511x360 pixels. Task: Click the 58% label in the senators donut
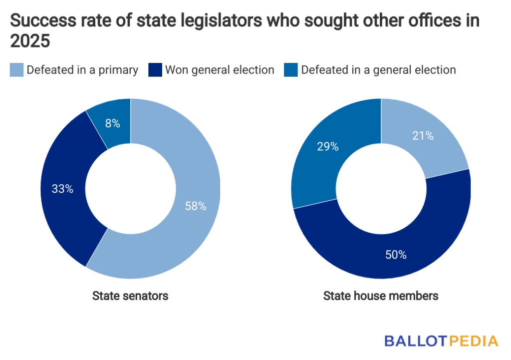pos(196,206)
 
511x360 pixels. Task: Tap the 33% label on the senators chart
pos(63,189)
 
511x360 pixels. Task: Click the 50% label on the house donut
pos(396,255)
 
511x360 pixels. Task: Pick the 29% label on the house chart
pos(328,146)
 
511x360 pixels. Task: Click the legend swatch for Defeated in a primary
pos(16,70)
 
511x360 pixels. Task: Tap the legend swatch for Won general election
pos(155,70)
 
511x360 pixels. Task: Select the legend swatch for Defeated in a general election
pos(290,70)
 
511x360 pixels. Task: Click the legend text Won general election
pos(220,70)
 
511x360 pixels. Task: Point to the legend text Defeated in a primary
pos(82,70)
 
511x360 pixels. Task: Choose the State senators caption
pos(130,296)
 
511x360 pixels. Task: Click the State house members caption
pos(381,296)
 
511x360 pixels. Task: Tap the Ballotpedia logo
pos(441,341)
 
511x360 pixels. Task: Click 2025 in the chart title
pos(30,42)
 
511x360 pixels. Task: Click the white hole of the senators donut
pos(131,188)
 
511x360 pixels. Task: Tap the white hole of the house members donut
pos(381,188)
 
